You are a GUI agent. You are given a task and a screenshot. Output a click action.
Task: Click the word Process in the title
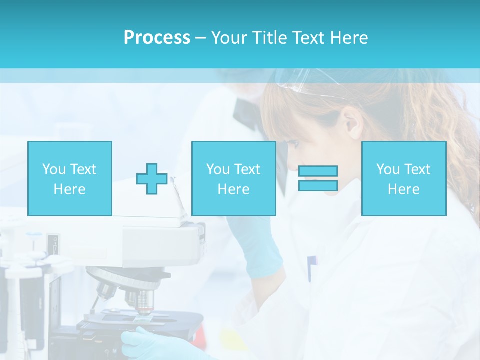[x=157, y=38]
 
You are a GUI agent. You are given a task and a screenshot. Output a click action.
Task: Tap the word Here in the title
[x=348, y=38]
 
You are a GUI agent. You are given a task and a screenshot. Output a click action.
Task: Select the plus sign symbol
[x=152, y=179]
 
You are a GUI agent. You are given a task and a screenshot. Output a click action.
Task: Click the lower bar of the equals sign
[x=318, y=185]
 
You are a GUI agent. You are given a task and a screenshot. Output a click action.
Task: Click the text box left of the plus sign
[x=69, y=179]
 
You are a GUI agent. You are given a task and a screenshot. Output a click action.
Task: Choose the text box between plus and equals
[x=233, y=179]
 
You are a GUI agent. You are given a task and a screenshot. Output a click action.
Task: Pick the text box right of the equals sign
[x=403, y=179]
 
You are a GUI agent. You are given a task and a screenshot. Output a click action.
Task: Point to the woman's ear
[x=352, y=123]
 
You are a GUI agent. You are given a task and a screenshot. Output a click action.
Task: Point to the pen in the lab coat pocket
[x=311, y=267]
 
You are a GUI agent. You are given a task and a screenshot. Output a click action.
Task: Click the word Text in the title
[x=308, y=38]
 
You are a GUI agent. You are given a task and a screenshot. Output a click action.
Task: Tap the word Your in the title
[x=229, y=38]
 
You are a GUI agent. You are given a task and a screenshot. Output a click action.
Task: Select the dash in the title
[x=200, y=38]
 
